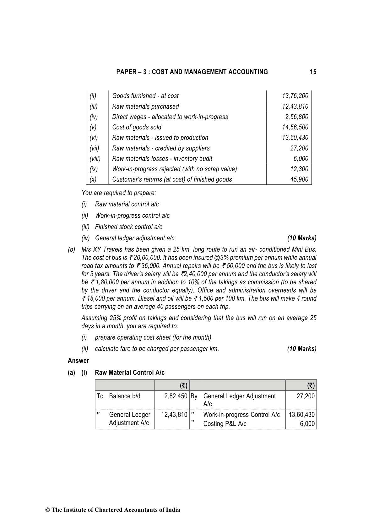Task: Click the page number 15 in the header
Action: pos(313,72)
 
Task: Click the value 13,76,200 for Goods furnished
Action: pos(295,96)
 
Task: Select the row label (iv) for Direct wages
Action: pos(94,117)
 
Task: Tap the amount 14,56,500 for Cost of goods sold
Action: pos(295,127)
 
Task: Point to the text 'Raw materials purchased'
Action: pos(145,106)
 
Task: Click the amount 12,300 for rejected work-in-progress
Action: pos(299,169)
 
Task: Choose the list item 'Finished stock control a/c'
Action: pos(128,227)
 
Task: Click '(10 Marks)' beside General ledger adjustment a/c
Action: pos(301,238)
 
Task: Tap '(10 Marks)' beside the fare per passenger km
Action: pos(301,349)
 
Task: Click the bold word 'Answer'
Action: pos(78,361)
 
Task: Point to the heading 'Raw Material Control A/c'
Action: pos(129,373)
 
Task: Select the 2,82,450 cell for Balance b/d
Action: pos(176,396)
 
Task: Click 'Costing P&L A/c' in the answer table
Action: pos(225,424)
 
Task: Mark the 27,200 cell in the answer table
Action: pos(305,396)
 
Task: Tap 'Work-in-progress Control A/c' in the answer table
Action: pos(241,415)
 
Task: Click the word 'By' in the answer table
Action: pos(194,396)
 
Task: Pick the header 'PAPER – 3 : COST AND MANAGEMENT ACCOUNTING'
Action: pos(192,72)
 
